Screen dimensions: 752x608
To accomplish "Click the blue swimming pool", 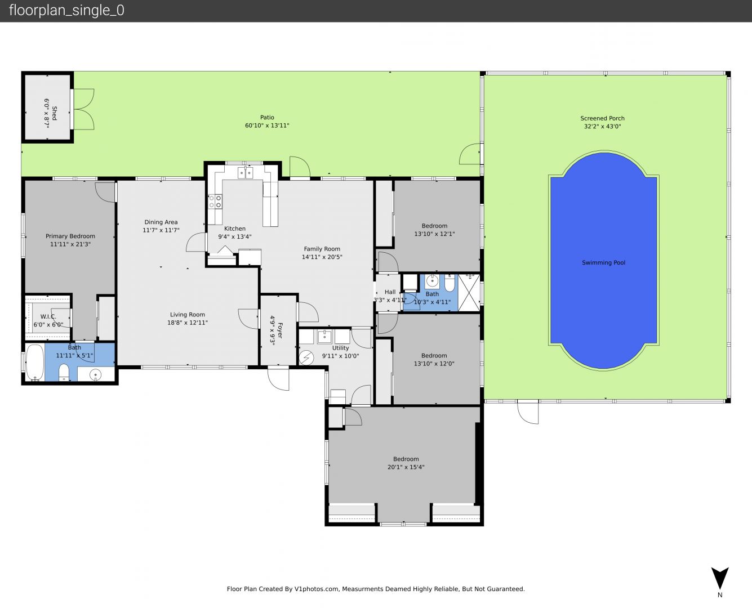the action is [x=603, y=261].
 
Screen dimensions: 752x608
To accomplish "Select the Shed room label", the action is [x=55, y=113].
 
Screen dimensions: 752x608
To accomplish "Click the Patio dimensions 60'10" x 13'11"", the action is [x=267, y=126].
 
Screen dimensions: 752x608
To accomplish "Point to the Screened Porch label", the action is [x=602, y=118].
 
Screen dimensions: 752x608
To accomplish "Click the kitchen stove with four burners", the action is [x=215, y=202].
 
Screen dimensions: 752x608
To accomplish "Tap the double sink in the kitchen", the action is [x=246, y=173].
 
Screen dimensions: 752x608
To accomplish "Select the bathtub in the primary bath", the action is [x=35, y=363].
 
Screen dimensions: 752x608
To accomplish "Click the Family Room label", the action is [x=322, y=249].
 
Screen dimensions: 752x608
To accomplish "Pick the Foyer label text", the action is [x=281, y=330].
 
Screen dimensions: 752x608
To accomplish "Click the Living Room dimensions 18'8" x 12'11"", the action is [x=188, y=323].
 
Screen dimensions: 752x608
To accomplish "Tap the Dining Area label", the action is [x=161, y=222].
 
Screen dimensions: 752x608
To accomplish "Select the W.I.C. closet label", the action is [x=48, y=316].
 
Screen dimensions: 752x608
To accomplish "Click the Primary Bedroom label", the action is [x=70, y=236].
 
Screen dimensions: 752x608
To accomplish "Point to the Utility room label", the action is [x=340, y=348].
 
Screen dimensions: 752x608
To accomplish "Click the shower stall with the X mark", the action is [x=469, y=293].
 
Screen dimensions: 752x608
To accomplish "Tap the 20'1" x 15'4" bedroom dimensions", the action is [x=406, y=467].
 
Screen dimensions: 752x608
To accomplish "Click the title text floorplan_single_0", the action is [x=66, y=10].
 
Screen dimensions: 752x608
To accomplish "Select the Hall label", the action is [x=390, y=292].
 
